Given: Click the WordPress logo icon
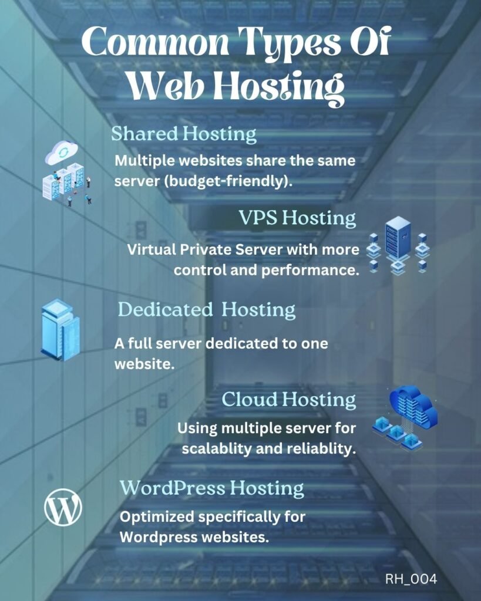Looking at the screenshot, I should [x=63, y=508].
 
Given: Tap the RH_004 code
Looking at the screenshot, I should [x=411, y=579].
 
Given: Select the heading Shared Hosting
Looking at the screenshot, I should [x=184, y=134].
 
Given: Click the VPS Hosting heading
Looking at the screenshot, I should [x=297, y=218].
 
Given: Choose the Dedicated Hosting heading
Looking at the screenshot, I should [x=207, y=309].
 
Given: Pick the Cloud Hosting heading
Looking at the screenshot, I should [x=289, y=400].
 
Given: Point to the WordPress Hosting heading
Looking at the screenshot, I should [x=212, y=488].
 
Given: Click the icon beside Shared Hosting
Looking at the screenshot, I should [x=66, y=173].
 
